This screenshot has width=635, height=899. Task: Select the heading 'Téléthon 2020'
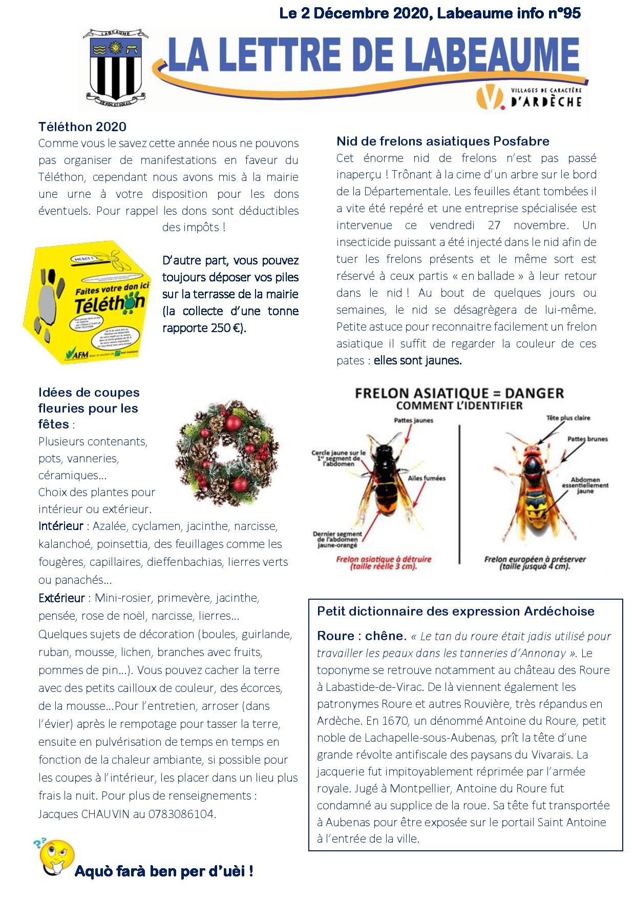point(82,127)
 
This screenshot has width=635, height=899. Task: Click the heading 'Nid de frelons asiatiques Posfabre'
point(443,141)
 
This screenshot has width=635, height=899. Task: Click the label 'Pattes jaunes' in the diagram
point(413,420)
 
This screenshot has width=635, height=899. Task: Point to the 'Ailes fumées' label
point(427,478)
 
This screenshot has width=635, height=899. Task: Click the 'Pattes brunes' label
point(587,439)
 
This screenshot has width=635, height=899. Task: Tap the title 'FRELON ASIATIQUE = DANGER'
point(459,394)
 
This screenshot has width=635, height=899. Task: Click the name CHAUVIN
point(105,813)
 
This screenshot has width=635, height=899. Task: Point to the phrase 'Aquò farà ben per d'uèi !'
point(164,871)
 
